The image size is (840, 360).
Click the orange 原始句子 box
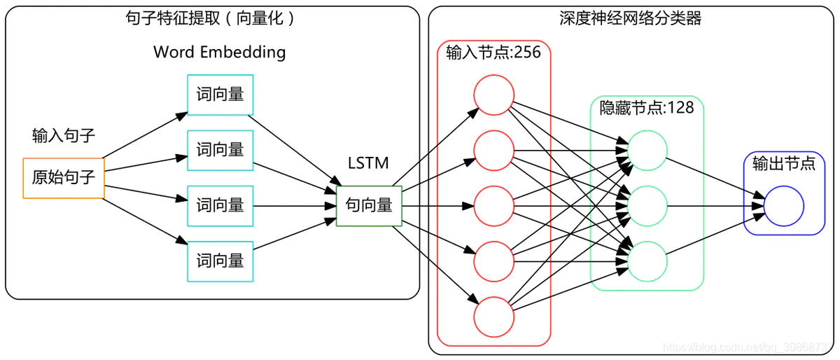coord(64,178)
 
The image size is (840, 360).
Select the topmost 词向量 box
coord(220,95)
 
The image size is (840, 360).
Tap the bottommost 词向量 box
coord(220,261)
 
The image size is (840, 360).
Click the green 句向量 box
coord(369,206)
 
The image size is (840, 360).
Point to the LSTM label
coord(368,163)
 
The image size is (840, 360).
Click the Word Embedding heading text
coord(219,52)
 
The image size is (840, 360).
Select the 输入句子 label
coord(64,136)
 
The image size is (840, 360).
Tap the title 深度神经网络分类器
coord(630,18)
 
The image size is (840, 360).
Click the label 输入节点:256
coord(493,53)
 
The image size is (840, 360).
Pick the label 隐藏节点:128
coord(647,108)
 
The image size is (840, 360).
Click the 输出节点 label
coord(783,164)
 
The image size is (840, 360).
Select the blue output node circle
coord(783,206)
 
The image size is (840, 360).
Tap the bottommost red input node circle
coord(493,317)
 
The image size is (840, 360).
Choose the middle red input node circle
coord(493,206)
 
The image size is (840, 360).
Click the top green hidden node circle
coord(647,150)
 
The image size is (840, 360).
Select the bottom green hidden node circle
coord(647,261)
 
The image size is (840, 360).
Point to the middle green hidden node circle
coord(647,206)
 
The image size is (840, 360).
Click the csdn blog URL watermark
coord(749,347)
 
